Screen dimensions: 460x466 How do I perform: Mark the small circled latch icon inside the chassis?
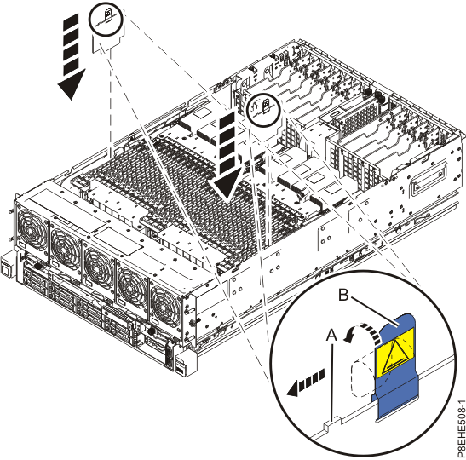[x=262, y=108]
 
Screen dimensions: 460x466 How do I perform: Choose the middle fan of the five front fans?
[x=99, y=264]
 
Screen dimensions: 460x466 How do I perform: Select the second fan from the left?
[x=66, y=246]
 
